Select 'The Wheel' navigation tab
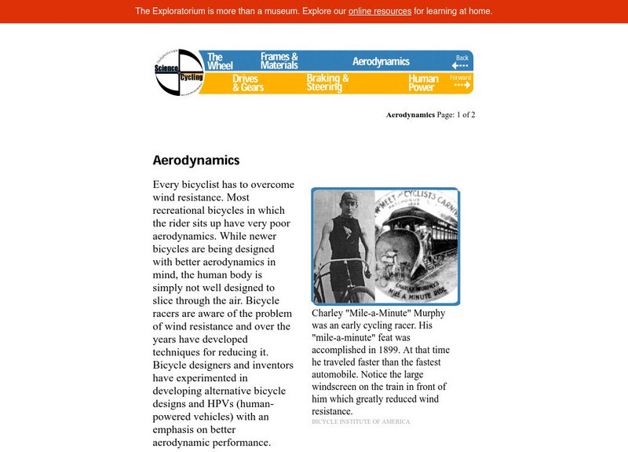(x=215, y=61)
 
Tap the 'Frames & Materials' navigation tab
(x=279, y=61)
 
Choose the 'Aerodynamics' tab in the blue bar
(x=381, y=61)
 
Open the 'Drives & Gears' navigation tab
(x=248, y=83)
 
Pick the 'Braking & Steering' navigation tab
(x=327, y=83)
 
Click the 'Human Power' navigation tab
(x=423, y=83)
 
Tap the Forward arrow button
(x=461, y=83)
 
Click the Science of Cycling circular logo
(x=179, y=72)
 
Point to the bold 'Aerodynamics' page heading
(x=195, y=160)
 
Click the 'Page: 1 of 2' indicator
(x=455, y=115)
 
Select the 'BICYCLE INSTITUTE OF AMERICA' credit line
(x=360, y=422)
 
